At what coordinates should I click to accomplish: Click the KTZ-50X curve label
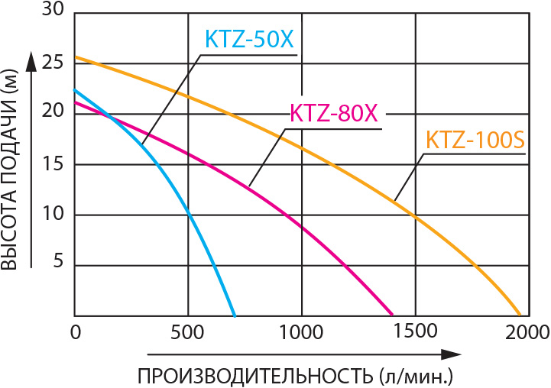[248, 39]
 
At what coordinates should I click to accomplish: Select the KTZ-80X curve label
[334, 113]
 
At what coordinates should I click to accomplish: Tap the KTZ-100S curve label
[474, 141]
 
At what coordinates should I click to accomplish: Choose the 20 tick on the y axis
[52, 113]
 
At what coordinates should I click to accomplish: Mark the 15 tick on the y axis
[52, 163]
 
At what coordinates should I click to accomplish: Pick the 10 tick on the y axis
[52, 215]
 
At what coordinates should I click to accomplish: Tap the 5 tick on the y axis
[57, 265]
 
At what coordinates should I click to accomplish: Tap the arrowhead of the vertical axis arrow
[31, 60]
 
